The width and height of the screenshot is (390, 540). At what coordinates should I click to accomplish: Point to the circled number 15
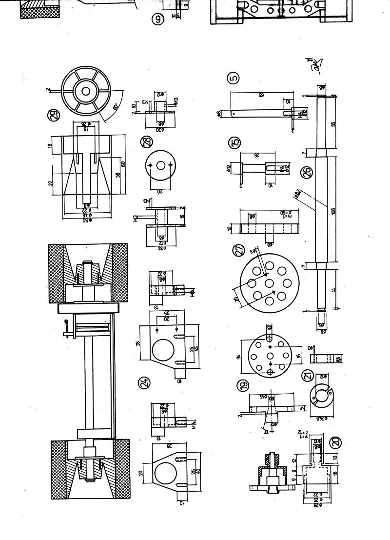coord(235,143)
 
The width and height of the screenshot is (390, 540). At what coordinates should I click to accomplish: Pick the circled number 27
coord(239,251)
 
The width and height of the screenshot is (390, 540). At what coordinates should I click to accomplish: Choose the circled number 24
coord(144,384)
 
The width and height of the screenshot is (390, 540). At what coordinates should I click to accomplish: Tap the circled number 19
coord(242,386)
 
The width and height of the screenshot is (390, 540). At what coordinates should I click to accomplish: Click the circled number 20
coord(336,443)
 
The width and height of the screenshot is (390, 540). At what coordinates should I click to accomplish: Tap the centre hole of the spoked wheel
coord(86,91)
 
